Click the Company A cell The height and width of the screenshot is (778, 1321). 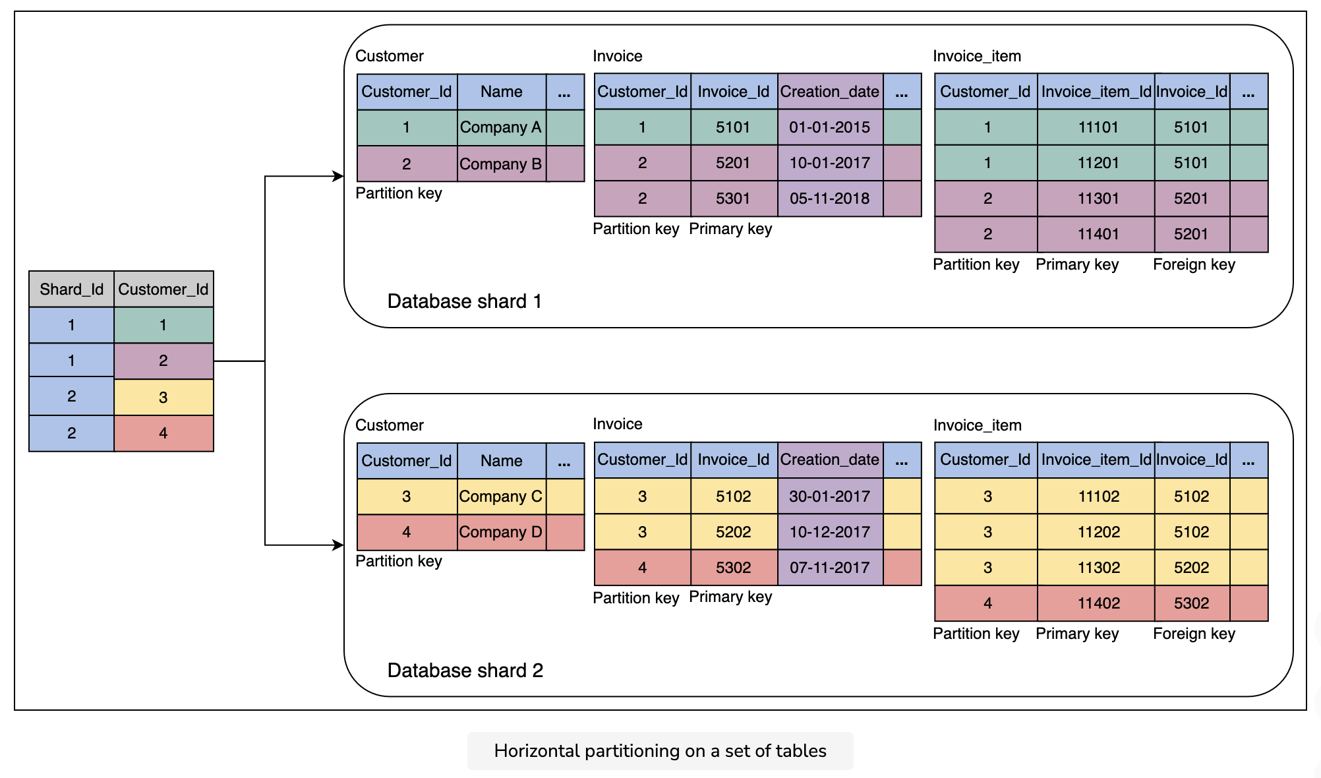tap(502, 127)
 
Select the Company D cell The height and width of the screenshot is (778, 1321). tap(502, 532)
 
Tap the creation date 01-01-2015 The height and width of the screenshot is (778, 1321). tap(830, 127)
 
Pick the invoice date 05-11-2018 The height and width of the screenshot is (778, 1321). tap(830, 198)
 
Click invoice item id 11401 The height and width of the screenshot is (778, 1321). tap(1098, 234)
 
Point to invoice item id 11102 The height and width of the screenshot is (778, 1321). tap(1098, 496)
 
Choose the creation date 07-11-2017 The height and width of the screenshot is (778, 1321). tap(830, 568)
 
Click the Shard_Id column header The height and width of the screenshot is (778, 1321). tap(72, 289)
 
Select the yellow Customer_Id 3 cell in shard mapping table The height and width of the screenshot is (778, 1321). tap(163, 398)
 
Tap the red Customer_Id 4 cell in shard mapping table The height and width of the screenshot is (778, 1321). tap(163, 433)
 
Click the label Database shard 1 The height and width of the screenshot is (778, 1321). tap(465, 301)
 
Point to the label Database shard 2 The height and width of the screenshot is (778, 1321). tap(465, 671)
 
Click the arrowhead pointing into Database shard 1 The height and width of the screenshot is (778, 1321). tap(338, 176)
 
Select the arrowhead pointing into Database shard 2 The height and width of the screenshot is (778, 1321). tap(338, 545)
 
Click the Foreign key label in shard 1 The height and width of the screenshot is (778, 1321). tap(1194, 264)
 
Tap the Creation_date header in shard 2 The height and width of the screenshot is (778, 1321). tap(830, 460)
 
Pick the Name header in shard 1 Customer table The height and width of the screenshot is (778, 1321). tap(502, 92)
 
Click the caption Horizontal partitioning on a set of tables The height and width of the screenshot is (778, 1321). tap(660, 751)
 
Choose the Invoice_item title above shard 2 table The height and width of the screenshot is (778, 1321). tap(978, 425)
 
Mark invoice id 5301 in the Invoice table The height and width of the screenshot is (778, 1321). tap(734, 198)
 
